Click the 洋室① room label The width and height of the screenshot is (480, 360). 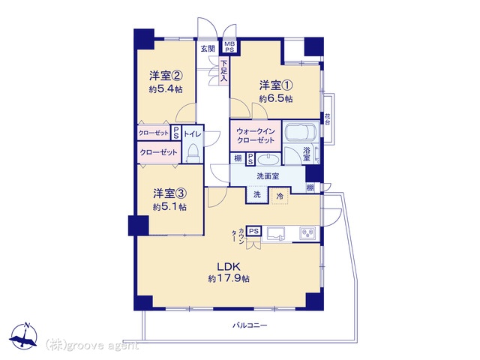(x=276, y=85)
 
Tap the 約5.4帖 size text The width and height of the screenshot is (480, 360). (x=166, y=89)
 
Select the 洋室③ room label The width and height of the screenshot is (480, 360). (x=170, y=193)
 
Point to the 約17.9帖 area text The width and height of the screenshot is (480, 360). (x=229, y=278)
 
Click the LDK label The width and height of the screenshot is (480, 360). (x=228, y=266)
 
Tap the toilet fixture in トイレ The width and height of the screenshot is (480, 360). (x=193, y=153)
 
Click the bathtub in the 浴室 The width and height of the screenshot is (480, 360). (x=300, y=133)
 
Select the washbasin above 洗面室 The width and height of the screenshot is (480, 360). (x=268, y=160)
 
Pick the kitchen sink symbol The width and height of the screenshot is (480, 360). (x=276, y=235)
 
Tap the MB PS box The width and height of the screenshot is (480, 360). (x=229, y=47)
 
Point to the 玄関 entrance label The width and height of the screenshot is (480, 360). (x=208, y=48)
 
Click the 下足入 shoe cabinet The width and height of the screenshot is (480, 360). (x=224, y=71)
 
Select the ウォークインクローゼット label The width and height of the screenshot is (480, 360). (x=255, y=136)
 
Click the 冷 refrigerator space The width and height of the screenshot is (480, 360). (x=280, y=196)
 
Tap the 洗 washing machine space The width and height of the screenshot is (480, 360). (x=257, y=195)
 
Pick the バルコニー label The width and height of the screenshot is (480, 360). (x=250, y=325)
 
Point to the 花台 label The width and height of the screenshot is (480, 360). (x=328, y=118)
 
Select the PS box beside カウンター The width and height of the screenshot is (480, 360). (x=253, y=232)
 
